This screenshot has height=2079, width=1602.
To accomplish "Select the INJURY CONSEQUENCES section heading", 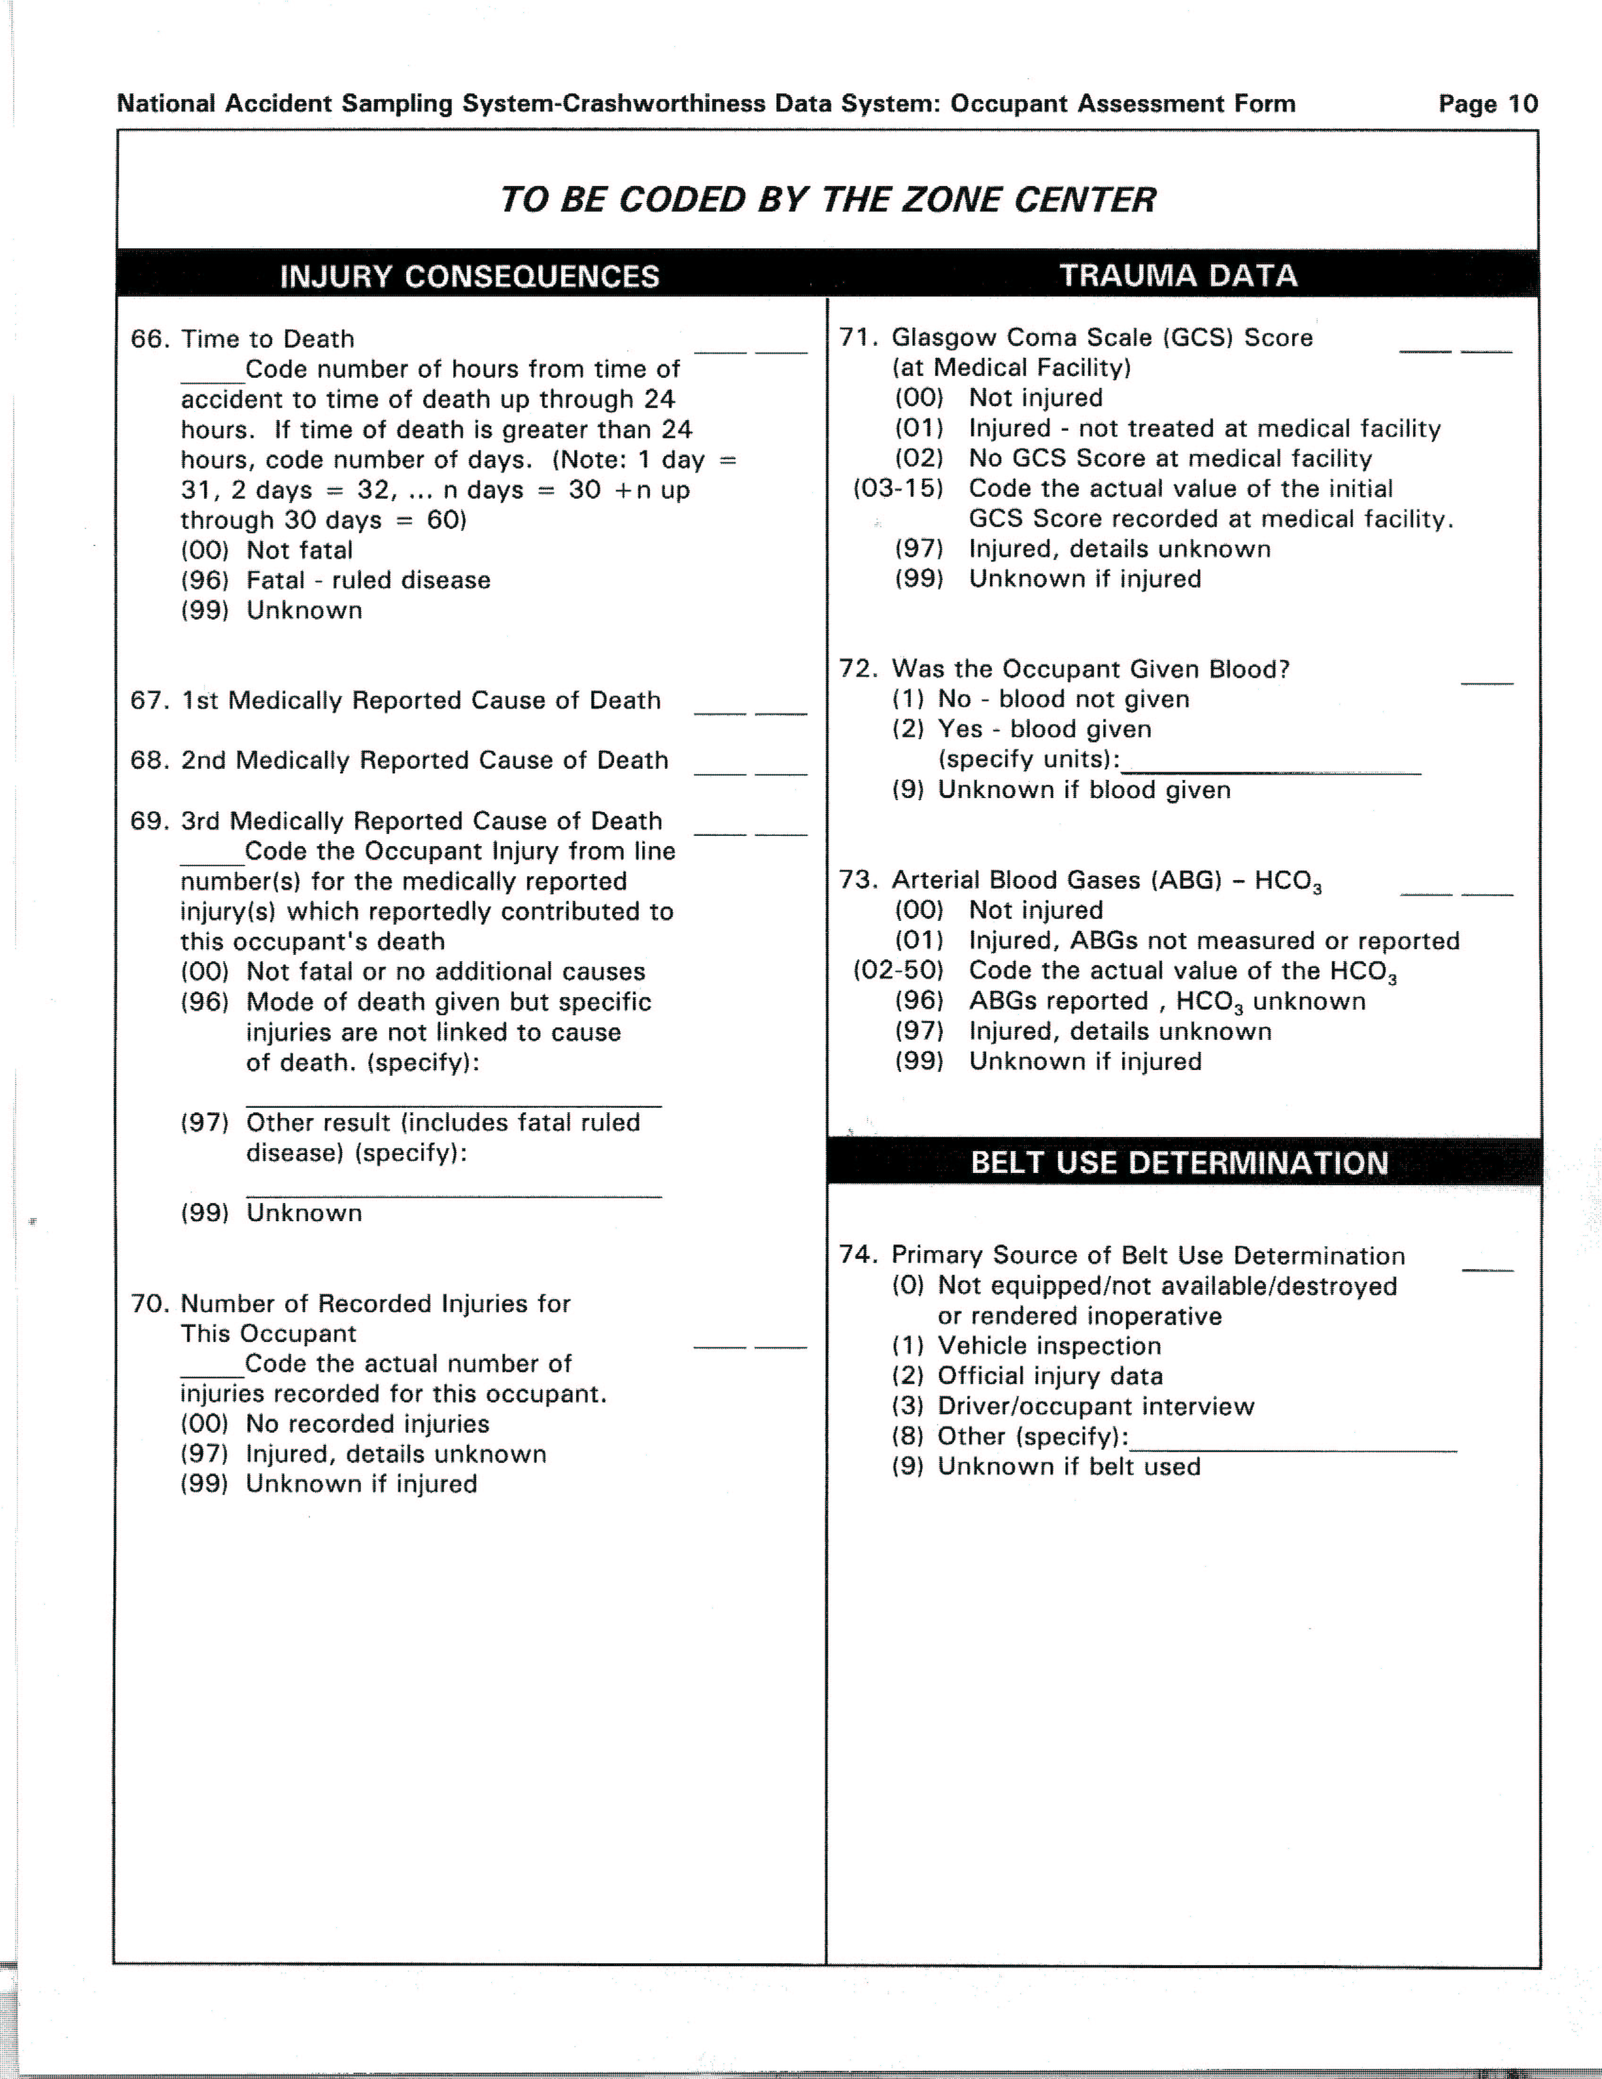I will [469, 276].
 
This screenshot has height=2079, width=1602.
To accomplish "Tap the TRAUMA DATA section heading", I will [1178, 275].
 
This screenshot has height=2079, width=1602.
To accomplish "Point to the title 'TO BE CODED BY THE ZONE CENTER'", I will [827, 199].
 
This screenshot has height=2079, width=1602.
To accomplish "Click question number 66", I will [149, 339].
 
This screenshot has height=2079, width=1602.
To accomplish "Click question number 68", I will [149, 761].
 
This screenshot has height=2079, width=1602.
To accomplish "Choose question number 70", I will [149, 1303].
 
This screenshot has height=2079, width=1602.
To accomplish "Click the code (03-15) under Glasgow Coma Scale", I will [898, 488].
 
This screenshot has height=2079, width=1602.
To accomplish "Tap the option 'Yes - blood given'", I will [1044, 729].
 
